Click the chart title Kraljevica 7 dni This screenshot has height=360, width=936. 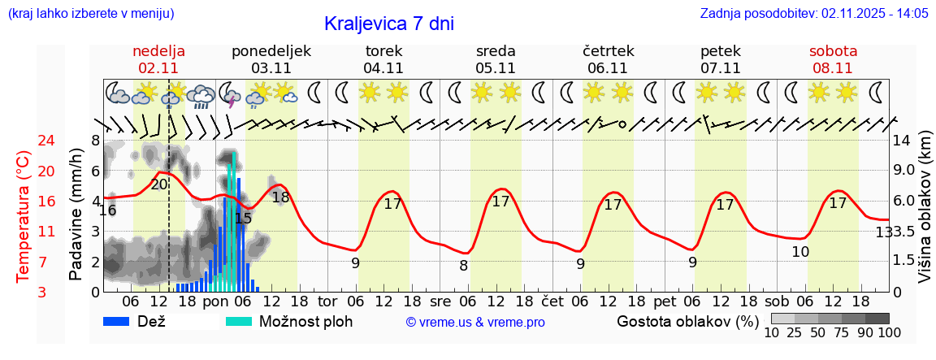tap(388, 24)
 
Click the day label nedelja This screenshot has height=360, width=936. tap(159, 50)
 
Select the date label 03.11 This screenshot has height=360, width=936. tap(271, 68)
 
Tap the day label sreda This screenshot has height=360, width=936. tap(496, 50)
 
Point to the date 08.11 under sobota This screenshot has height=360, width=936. tap(833, 68)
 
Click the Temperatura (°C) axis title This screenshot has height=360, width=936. tap(24, 216)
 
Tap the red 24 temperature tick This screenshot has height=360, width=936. tap(24, 141)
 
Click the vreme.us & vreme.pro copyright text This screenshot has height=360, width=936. tap(475, 323)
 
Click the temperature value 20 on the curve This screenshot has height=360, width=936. tap(159, 184)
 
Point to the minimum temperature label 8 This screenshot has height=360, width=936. tap(463, 265)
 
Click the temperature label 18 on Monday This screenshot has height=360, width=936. tap(280, 197)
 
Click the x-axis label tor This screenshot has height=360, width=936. tap(327, 300)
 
